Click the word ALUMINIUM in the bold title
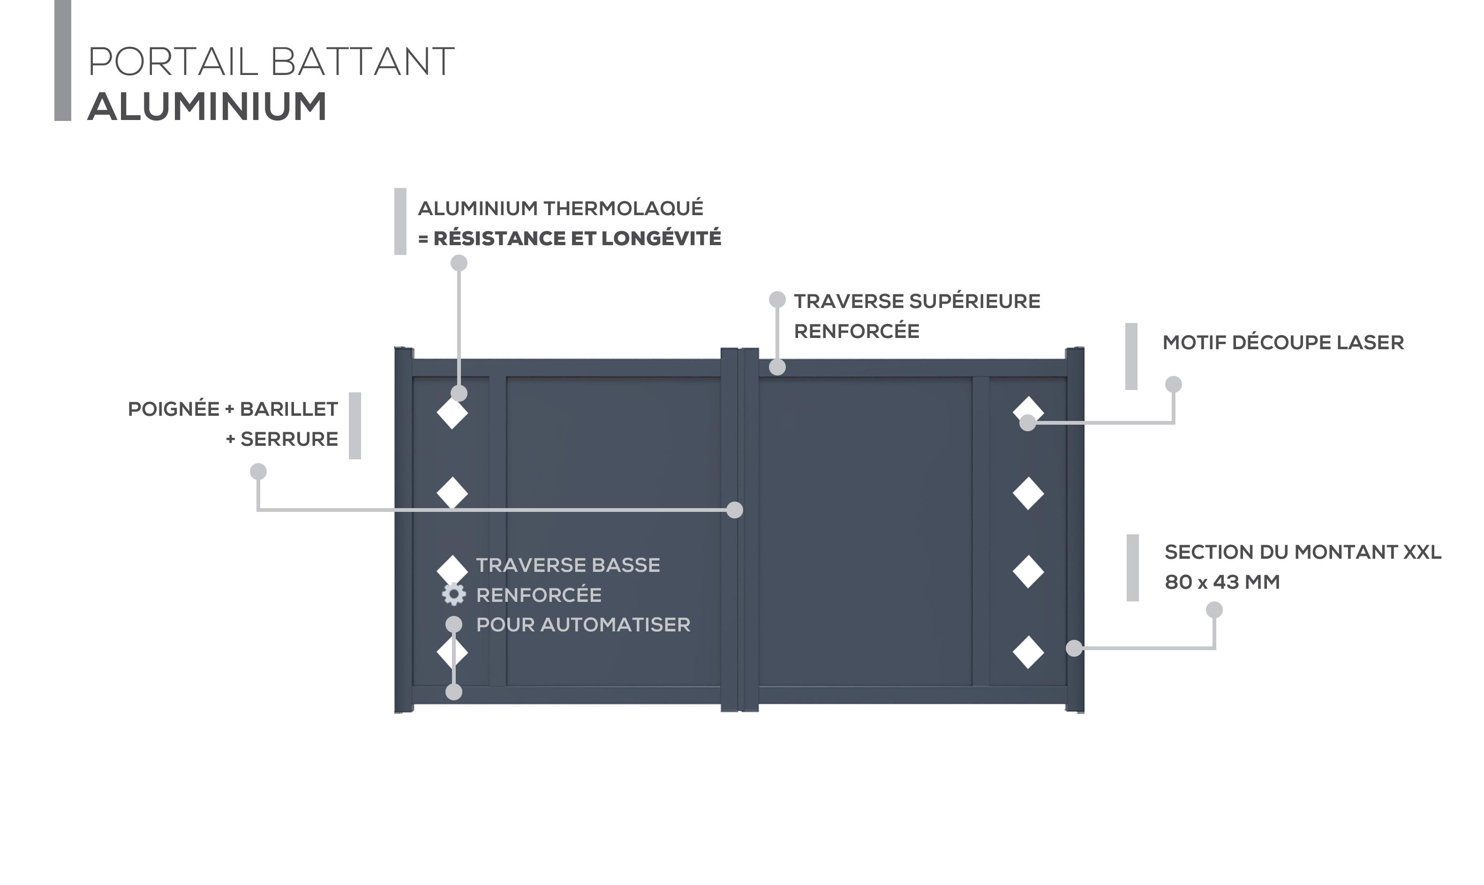click(x=207, y=107)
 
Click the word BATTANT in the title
click(x=362, y=61)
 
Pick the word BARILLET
click(x=289, y=409)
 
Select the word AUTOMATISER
click(x=615, y=624)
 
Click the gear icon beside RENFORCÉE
click(x=453, y=594)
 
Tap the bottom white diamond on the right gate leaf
click(x=1028, y=652)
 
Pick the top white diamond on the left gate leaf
click(x=452, y=413)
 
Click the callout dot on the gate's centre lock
click(x=735, y=510)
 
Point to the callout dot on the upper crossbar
click(x=777, y=367)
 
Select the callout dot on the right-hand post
click(x=1074, y=648)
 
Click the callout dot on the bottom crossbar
click(x=454, y=692)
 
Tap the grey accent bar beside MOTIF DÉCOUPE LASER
click(x=1131, y=357)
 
